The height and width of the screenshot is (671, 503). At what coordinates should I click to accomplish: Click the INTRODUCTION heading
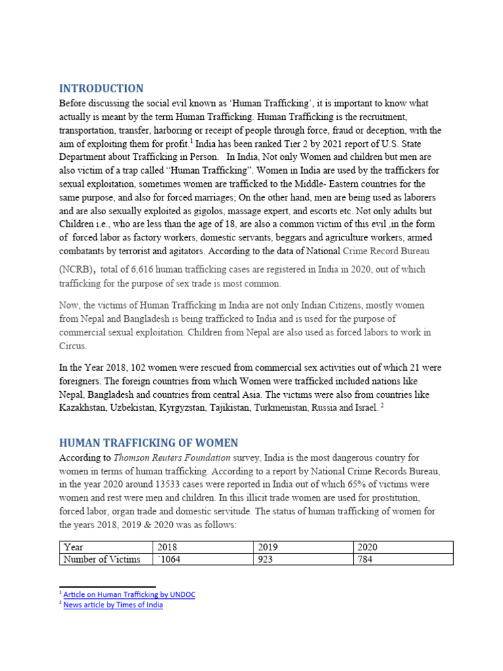101,88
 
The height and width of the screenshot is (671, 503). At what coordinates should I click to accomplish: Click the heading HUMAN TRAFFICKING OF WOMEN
149,442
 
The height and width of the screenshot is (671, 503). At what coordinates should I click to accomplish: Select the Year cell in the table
73,547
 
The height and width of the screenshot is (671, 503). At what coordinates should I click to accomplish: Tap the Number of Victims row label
102,559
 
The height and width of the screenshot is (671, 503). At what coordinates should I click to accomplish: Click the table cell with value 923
266,559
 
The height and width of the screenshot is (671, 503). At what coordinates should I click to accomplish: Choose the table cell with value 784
365,559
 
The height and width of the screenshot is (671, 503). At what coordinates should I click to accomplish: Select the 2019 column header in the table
268,547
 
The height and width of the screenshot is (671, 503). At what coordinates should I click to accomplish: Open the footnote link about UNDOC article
129,594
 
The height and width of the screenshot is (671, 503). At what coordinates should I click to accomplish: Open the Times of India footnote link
113,605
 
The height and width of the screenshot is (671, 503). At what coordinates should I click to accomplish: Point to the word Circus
73,346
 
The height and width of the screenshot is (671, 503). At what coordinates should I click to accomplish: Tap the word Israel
362,407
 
